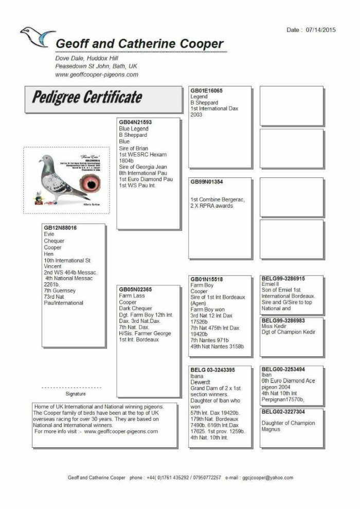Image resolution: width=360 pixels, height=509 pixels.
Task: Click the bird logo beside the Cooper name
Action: (37, 37)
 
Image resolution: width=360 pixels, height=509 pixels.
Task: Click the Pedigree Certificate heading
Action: (87, 97)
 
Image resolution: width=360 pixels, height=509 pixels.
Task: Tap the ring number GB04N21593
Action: (135, 122)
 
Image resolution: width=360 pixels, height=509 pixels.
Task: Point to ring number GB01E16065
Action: (206, 90)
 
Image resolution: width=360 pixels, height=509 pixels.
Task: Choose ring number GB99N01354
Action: (207, 182)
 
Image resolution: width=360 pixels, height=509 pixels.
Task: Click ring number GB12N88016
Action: (60, 228)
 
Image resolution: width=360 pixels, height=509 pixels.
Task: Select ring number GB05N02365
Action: (135, 289)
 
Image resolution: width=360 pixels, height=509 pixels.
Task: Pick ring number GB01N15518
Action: (207, 279)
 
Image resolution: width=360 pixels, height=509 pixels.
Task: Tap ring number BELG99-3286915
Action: (283, 279)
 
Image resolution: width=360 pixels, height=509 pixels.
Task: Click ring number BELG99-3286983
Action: (283, 320)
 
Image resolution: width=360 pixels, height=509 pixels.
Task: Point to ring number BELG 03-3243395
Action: (213, 370)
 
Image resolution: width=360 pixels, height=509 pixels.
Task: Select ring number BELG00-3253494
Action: (283, 369)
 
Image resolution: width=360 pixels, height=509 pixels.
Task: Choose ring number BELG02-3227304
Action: (283, 412)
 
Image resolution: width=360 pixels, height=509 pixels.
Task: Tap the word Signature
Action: (76, 393)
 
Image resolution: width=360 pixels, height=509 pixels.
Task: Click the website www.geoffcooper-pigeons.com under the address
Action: (97, 75)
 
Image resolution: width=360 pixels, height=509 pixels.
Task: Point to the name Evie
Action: (49, 234)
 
